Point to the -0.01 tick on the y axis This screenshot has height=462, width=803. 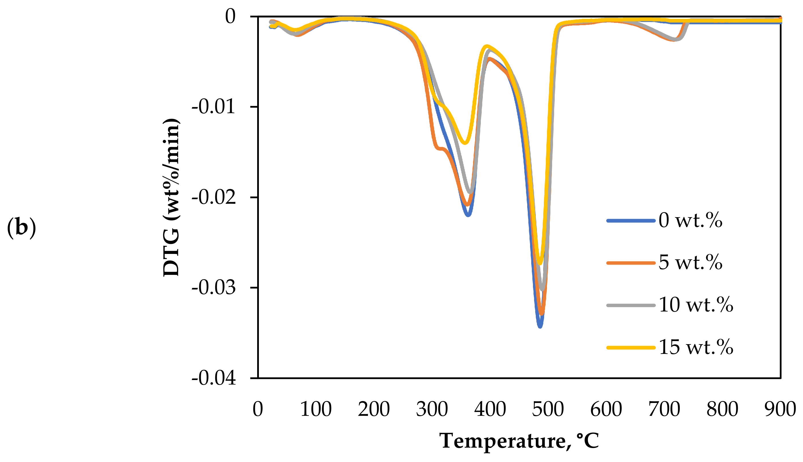pos(214,107)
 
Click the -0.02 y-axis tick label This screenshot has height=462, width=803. pos(214,197)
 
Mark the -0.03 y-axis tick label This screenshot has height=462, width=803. pos(214,288)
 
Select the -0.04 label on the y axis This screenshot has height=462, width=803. pos(214,378)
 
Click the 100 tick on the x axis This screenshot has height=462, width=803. pos(316,409)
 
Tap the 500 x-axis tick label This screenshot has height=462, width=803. pos(548,409)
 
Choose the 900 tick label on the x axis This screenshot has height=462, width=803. pos(780,409)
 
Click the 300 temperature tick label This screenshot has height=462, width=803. pos(432,409)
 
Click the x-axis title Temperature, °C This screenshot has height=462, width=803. pos(519,441)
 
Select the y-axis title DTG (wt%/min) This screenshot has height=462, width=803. pos(172,197)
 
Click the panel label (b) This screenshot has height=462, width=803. pos(21,228)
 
